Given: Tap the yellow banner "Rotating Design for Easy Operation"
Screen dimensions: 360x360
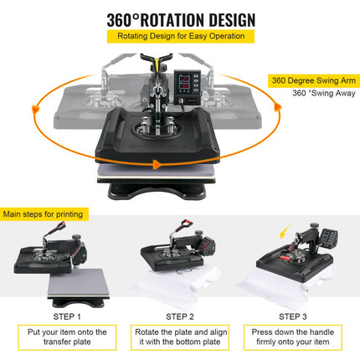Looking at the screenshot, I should tap(180, 37).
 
